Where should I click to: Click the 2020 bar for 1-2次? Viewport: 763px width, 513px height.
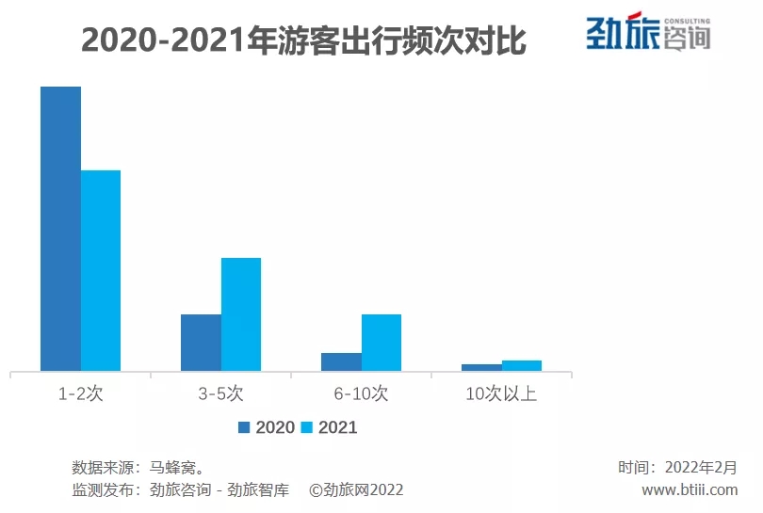click(x=60, y=229)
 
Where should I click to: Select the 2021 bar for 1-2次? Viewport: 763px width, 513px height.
click(x=101, y=270)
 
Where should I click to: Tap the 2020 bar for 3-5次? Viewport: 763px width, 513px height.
click(x=201, y=343)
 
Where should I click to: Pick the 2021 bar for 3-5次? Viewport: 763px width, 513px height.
click(x=241, y=314)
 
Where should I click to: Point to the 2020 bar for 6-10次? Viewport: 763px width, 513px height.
click(x=341, y=361)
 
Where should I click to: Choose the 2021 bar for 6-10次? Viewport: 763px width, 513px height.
click(x=381, y=343)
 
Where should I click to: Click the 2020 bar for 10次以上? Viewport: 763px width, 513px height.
click(x=481, y=367)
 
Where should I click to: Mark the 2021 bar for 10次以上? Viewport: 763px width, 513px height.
click(x=522, y=365)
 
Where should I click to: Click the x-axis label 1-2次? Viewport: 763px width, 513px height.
click(x=80, y=394)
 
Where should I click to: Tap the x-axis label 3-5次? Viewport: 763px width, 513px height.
click(x=220, y=394)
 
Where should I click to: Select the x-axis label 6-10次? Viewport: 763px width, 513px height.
click(x=361, y=394)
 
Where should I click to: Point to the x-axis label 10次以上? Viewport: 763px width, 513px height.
click(x=501, y=394)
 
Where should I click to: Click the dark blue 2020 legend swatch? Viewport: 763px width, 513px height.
click(x=244, y=427)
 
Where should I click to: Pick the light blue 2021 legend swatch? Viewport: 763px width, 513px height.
click(x=306, y=427)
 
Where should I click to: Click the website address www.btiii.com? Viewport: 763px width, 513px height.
click(x=690, y=489)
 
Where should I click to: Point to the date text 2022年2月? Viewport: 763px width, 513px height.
click(x=701, y=467)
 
